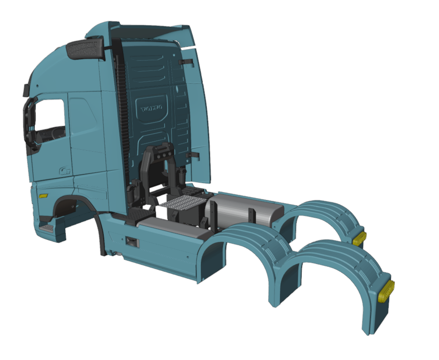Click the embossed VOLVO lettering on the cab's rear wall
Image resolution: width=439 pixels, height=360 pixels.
click(x=152, y=108)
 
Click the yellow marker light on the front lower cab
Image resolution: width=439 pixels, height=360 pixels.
click(x=43, y=195)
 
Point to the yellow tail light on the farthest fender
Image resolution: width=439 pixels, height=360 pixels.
click(x=359, y=238)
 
